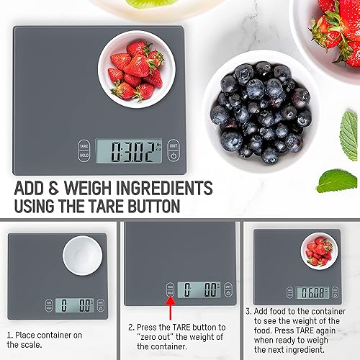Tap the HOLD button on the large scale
point(84,156)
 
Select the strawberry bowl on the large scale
point(132,68)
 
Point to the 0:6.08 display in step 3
point(312,292)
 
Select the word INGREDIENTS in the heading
point(166,189)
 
